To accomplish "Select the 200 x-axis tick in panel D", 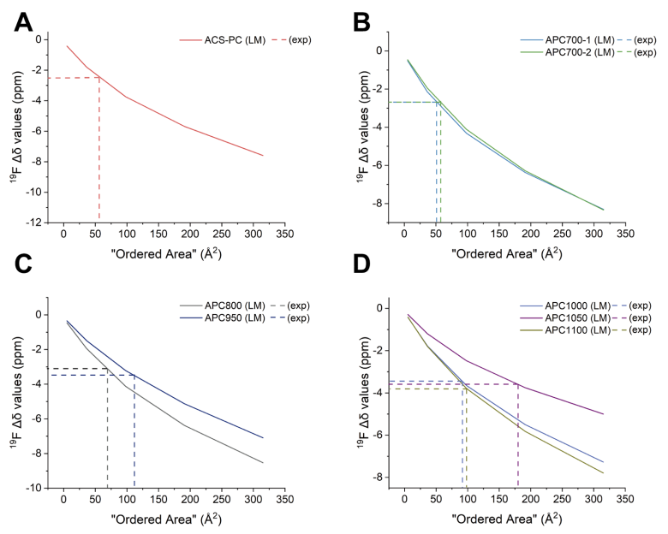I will [531, 498].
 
